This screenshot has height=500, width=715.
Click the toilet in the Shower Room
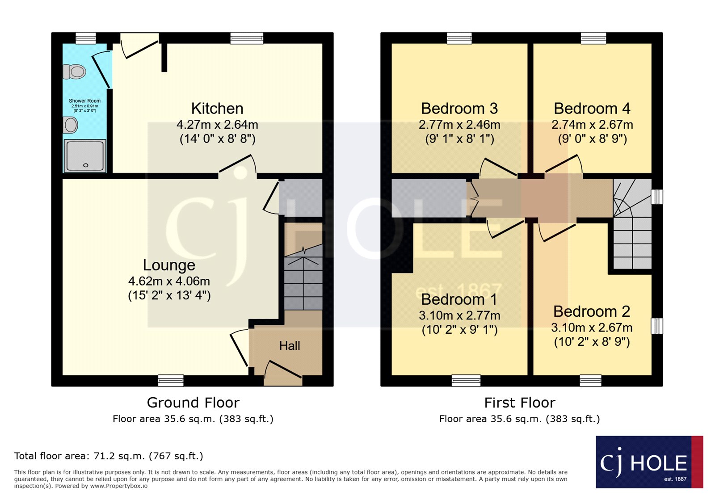coord(74,71)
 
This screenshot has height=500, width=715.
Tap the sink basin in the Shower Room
coord(70,125)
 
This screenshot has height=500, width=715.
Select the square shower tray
coord(85,155)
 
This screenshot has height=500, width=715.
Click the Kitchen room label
coord(217,109)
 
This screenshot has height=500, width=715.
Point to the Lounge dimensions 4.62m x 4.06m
coord(169,281)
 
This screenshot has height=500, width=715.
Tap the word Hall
coord(290,345)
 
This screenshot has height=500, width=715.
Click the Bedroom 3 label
coord(459,109)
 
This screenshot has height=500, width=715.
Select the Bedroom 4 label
coord(592,109)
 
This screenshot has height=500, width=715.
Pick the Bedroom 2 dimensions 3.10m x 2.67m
coord(592,328)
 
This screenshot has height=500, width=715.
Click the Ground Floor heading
coord(193,403)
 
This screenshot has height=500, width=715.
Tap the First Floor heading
coord(520,403)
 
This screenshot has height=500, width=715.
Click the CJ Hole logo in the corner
coord(650,462)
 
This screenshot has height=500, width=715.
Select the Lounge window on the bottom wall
coord(171,380)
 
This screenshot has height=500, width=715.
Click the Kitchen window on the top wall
coord(247,38)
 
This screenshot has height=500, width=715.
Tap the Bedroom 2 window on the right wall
coord(657,326)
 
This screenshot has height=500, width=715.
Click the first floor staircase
coord(632,224)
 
